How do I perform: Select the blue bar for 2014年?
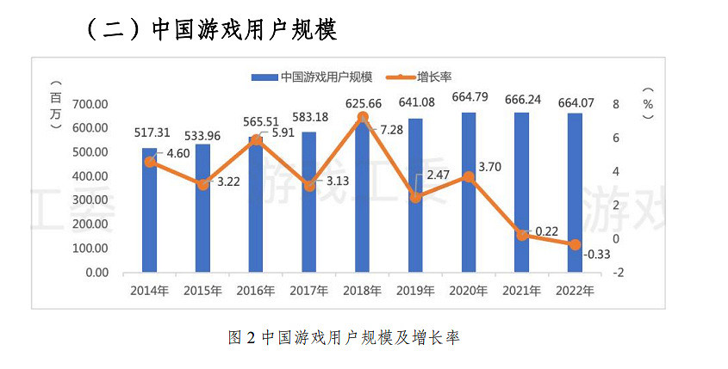tap(150, 211)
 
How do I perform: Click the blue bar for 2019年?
tap(415, 196)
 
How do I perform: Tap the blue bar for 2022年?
tap(575, 194)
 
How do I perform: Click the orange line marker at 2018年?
tap(363, 117)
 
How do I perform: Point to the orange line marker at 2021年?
tap(521, 234)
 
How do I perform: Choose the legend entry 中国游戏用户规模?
tap(318, 77)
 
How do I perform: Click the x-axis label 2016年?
tap(256, 290)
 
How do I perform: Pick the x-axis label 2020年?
tap(468, 290)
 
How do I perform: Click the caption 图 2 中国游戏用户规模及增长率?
tap(344, 337)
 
